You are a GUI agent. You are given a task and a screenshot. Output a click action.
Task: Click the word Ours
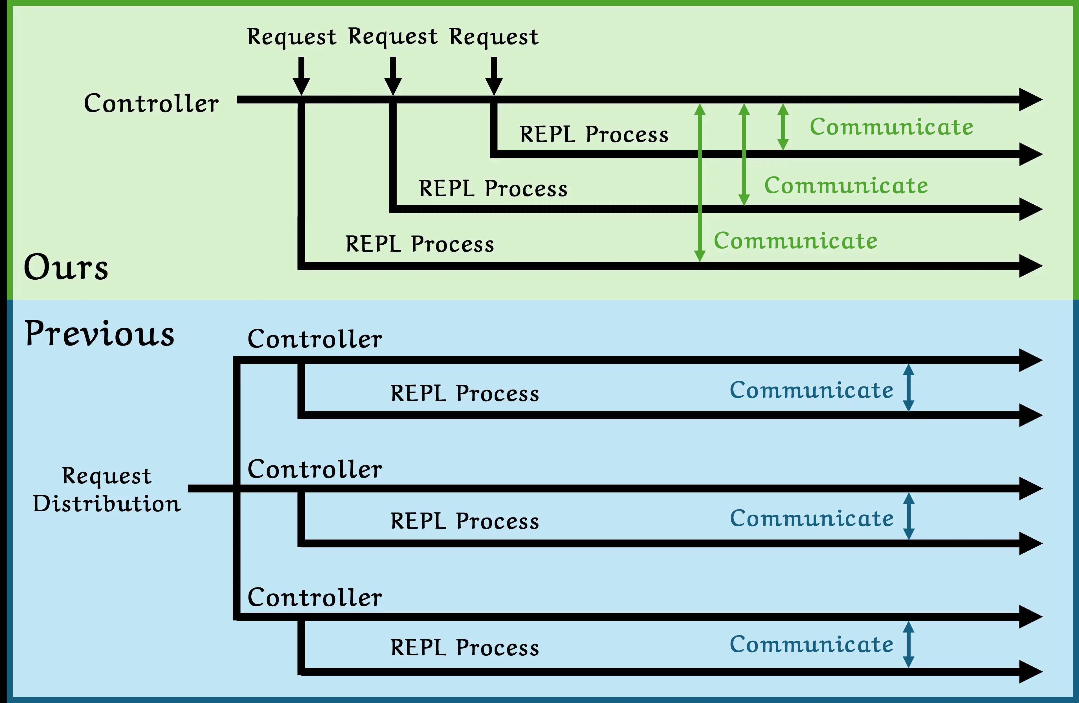[x=66, y=267]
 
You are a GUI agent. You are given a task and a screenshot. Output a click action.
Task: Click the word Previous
[x=100, y=333]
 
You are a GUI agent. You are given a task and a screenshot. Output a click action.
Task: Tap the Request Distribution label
[x=107, y=490]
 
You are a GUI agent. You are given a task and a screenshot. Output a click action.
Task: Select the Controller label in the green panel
[x=151, y=103]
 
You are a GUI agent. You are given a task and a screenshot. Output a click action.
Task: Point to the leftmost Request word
[x=291, y=37]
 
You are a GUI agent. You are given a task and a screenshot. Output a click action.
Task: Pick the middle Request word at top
[x=393, y=37]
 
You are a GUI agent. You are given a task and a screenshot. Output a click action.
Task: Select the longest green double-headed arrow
[x=700, y=183]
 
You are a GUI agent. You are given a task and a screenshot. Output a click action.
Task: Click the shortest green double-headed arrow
[x=783, y=127]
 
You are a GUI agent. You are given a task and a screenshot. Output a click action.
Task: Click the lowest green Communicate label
[x=796, y=240]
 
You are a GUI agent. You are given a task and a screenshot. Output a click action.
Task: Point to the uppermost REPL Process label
[x=594, y=134]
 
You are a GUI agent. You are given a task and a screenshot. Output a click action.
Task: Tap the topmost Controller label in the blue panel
[x=315, y=339]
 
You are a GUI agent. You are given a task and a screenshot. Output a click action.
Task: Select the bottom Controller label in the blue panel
[x=315, y=598]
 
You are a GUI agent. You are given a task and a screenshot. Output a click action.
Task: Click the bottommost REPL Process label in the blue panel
[x=465, y=647]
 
